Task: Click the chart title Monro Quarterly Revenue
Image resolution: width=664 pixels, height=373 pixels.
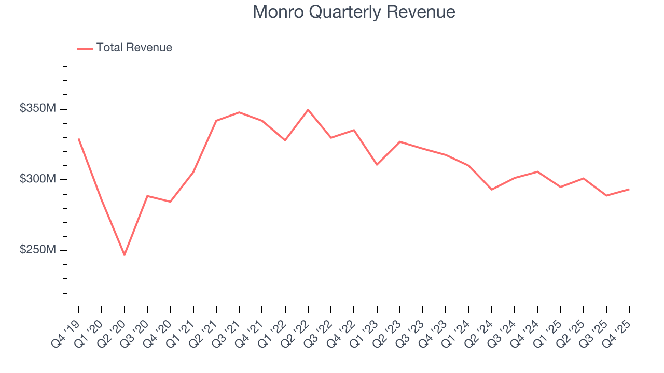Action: click(x=354, y=12)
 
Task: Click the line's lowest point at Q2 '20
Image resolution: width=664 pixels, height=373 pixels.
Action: click(x=125, y=255)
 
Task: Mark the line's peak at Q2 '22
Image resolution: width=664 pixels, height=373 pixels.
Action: click(x=308, y=110)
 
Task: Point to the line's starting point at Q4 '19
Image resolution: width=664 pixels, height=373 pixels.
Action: click(x=78, y=139)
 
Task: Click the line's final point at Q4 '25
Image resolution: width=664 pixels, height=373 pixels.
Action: click(x=629, y=189)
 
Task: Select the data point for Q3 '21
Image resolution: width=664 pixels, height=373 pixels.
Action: click(x=239, y=112)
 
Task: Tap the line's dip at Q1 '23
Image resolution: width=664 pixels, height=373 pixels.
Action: click(x=377, y=165)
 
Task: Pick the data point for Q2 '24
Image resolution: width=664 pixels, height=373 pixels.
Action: click(x=491, y=190)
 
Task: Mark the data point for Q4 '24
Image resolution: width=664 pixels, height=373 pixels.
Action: click(x=537, y=171)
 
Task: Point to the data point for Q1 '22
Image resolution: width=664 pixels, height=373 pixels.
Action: click(x=285, y=140)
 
